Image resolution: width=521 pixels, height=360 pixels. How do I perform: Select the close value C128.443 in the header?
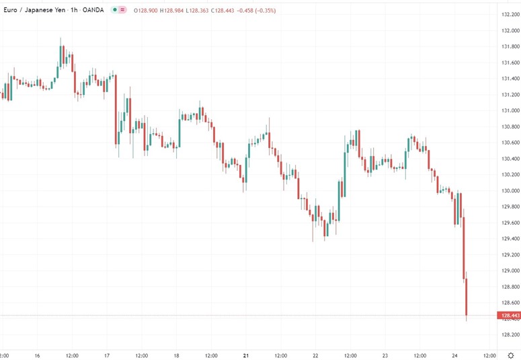[229, 11]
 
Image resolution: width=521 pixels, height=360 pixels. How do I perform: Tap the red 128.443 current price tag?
[509, 316]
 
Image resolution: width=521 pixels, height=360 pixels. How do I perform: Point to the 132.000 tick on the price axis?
[509, 31]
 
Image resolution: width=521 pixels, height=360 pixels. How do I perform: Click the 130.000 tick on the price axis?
[509, 190]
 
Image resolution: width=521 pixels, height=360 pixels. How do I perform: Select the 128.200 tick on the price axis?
[509, 334]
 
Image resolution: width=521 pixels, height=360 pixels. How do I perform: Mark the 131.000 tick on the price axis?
[509, 110]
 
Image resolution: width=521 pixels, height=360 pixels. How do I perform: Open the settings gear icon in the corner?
[510, 355]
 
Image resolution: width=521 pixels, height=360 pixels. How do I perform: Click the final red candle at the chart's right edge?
[467, 296]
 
